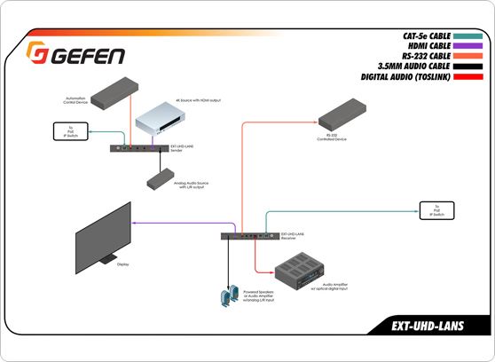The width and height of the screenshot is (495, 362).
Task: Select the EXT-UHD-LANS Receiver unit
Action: [247, 236]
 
